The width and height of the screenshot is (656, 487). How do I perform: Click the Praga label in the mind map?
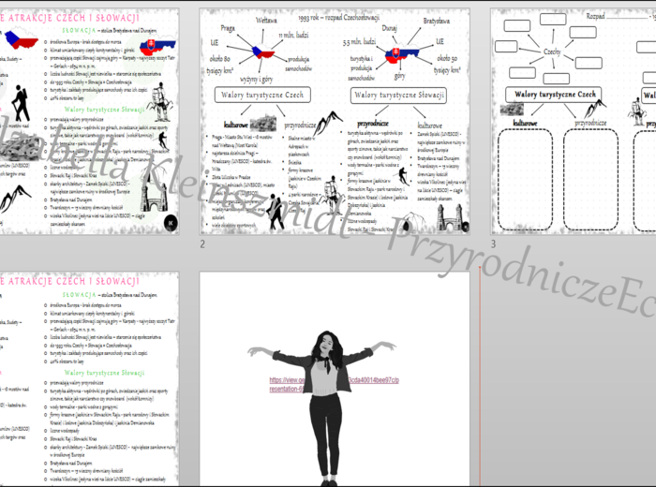pos(228,28)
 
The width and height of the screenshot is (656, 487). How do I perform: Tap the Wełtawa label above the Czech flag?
pos(266,19)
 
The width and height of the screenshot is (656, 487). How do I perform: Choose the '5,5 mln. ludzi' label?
pos(360,42)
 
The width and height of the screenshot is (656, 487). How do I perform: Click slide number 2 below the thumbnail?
pos(201,244)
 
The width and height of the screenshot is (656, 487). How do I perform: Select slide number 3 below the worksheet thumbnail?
pos(493,244)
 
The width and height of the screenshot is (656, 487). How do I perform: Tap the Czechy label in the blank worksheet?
pos(552,53)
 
